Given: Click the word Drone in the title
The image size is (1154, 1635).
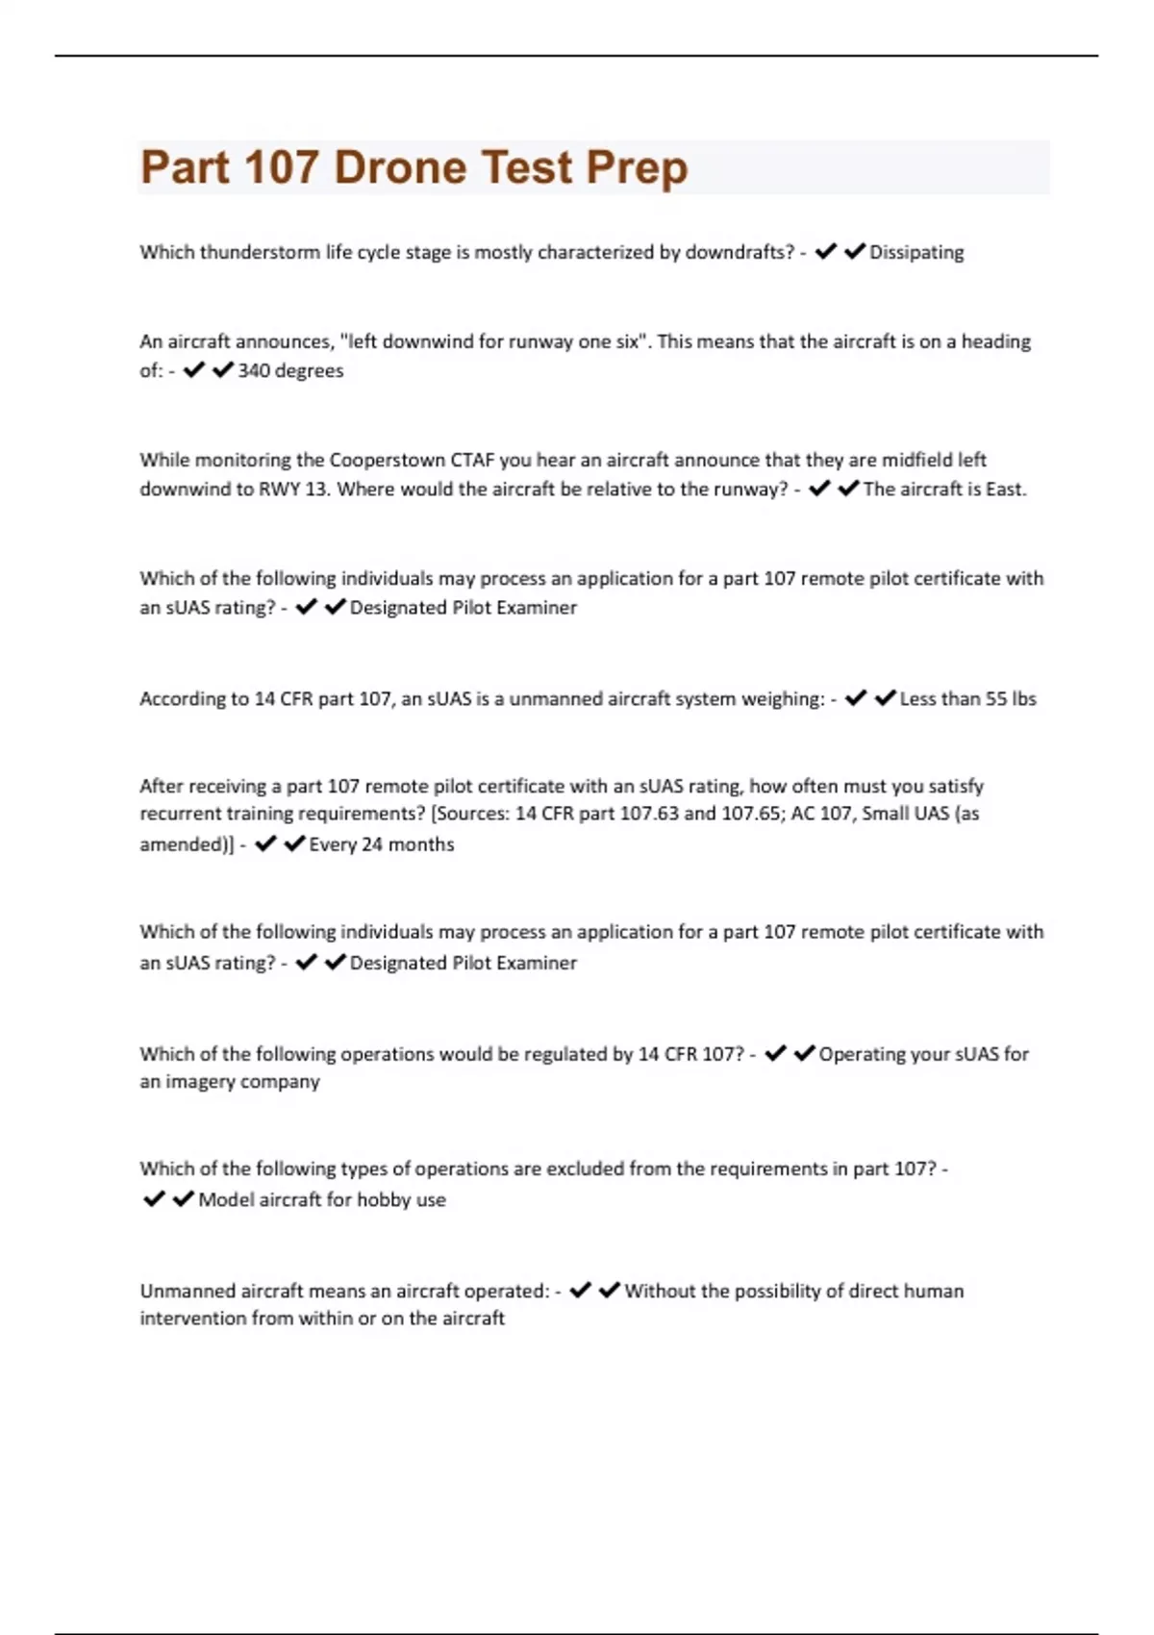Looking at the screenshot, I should point(399,167).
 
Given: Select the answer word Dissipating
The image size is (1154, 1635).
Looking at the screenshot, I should point(916,252).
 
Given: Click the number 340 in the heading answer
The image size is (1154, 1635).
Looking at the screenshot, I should point(254,370).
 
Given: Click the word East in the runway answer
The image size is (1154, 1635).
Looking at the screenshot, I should point(1005,489).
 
